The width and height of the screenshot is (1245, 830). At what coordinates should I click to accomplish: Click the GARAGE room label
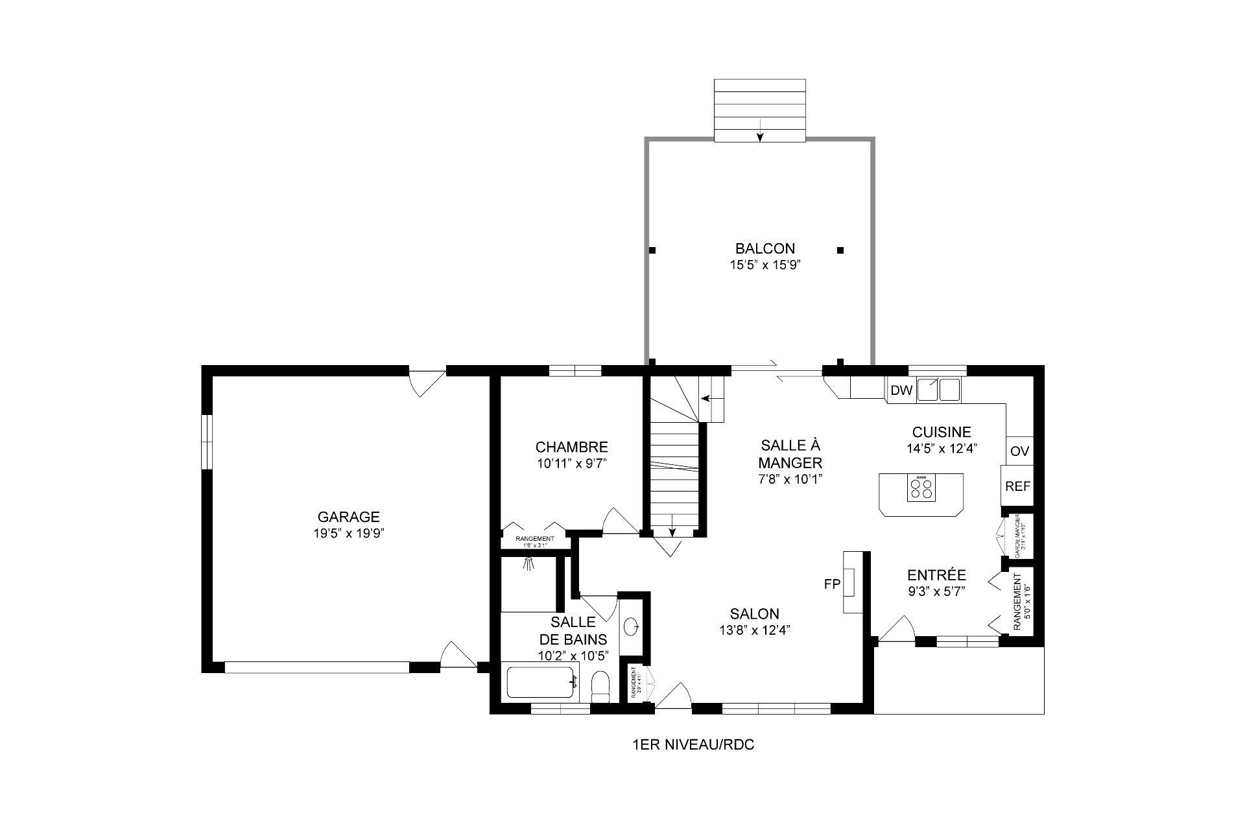point(348,517)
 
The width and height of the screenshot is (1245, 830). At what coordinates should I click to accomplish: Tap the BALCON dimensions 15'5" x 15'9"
point(765,265)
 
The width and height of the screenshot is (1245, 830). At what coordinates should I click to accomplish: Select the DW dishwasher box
point(901,390)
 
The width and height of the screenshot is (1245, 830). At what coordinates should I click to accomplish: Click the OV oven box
point(1019,451)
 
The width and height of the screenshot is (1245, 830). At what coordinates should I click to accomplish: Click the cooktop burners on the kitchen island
point(921,487)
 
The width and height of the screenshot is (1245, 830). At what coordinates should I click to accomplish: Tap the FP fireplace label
point(832,584)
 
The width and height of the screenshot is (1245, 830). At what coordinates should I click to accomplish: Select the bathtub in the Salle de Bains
point(542,682)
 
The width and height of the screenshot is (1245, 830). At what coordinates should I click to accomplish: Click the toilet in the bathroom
point(601,686)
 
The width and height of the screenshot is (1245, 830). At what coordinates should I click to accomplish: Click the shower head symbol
point(530,563)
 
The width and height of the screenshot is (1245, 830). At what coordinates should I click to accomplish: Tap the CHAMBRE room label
point(571,447)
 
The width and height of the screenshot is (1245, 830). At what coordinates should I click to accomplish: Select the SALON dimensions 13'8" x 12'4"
point(754,630)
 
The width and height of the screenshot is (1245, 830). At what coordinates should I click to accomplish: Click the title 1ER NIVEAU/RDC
point(693,745)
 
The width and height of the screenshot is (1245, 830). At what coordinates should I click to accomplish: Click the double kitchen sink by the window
point(938,390)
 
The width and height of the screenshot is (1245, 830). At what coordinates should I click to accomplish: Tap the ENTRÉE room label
point(936,575)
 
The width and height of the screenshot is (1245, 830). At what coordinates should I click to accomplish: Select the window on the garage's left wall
point(206,442)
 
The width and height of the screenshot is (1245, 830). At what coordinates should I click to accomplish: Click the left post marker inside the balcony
point(652,250)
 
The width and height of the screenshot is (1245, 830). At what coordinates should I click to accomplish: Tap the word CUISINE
point(942,432)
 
